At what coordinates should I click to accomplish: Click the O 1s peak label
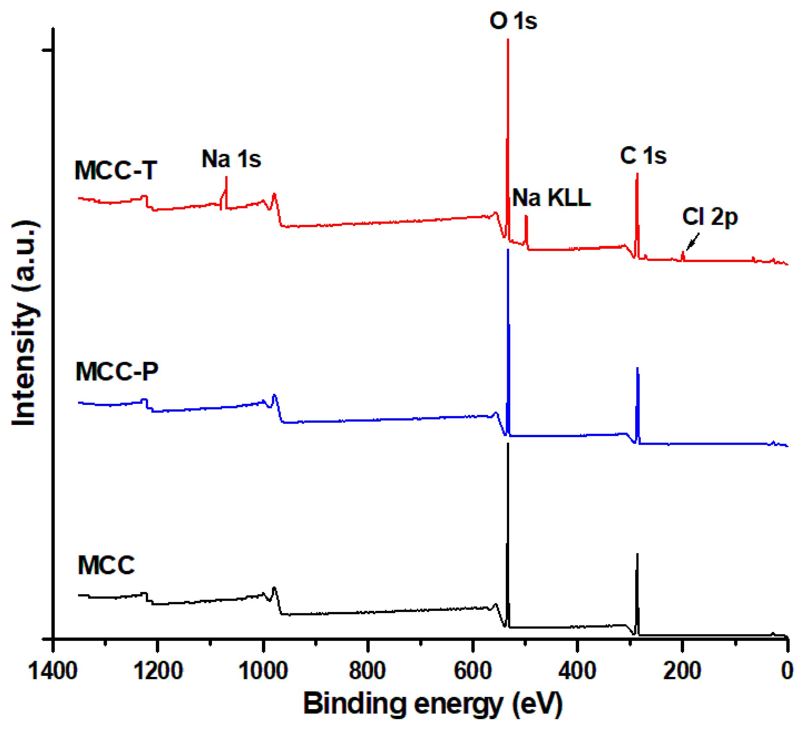click(x=513, y=21)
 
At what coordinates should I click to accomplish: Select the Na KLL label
click(x=551, y=198)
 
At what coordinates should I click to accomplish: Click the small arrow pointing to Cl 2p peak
click(x=692, y=242)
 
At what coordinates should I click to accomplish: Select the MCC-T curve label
click(x=116, y=171)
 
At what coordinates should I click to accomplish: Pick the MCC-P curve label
click(x=117, y=372)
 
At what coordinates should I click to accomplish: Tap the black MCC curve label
click(x=106, y=565)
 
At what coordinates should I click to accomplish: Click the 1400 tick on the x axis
click(x=53, y=671)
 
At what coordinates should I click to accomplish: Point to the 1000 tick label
click(x=263, y=671)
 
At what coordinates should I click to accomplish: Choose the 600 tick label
click(x=472, y=671)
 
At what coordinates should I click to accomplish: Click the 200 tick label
click(x=682, y=671)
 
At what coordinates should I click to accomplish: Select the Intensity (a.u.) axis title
click(x=25, y=323)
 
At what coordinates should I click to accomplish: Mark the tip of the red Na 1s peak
click(x=226, y=177)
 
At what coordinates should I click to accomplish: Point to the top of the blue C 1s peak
click(x=637, y=368)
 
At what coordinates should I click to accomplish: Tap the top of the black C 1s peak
click(x=637, y=554)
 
